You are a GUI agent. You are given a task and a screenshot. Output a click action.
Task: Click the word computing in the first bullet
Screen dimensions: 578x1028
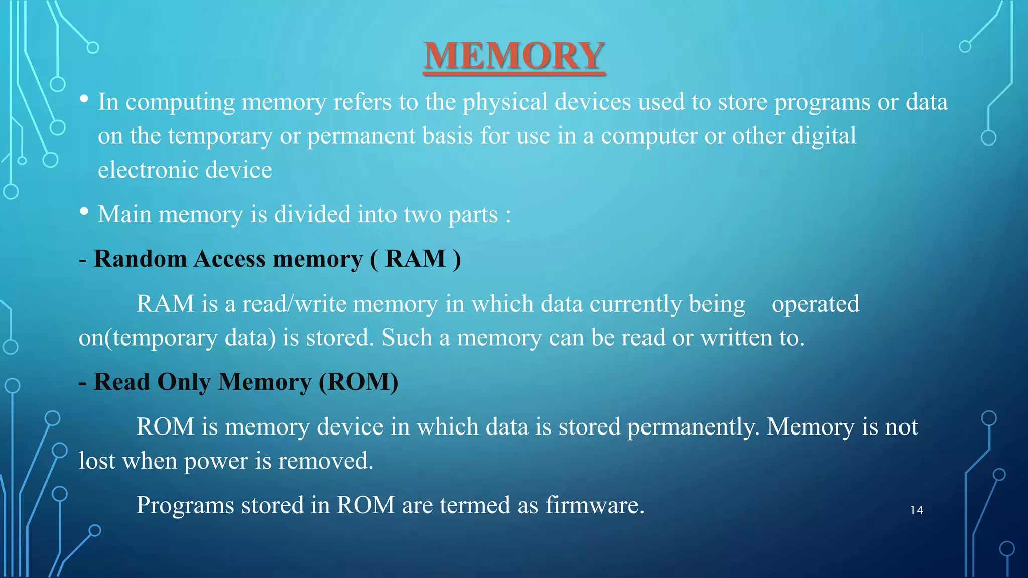pyautogui.click(x=180, y=103)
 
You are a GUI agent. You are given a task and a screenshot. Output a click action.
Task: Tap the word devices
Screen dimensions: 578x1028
pyautogui.click(x=592, y=102)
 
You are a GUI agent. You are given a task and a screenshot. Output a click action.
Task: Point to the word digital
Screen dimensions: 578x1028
pyautogui.click(x=824, y=136)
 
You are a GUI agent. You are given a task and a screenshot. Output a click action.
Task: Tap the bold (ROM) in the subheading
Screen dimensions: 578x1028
pyautogui.click(x=358, y=382)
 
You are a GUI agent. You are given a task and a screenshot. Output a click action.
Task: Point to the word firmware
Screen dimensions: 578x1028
pyautogui.click(x=594, y=505)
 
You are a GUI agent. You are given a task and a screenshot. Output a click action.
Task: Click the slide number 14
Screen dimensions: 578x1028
pyautogui.click(x=917, y=510)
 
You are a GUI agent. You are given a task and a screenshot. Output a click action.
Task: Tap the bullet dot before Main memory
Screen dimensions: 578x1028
pyautogui.click(x=84, y=212)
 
